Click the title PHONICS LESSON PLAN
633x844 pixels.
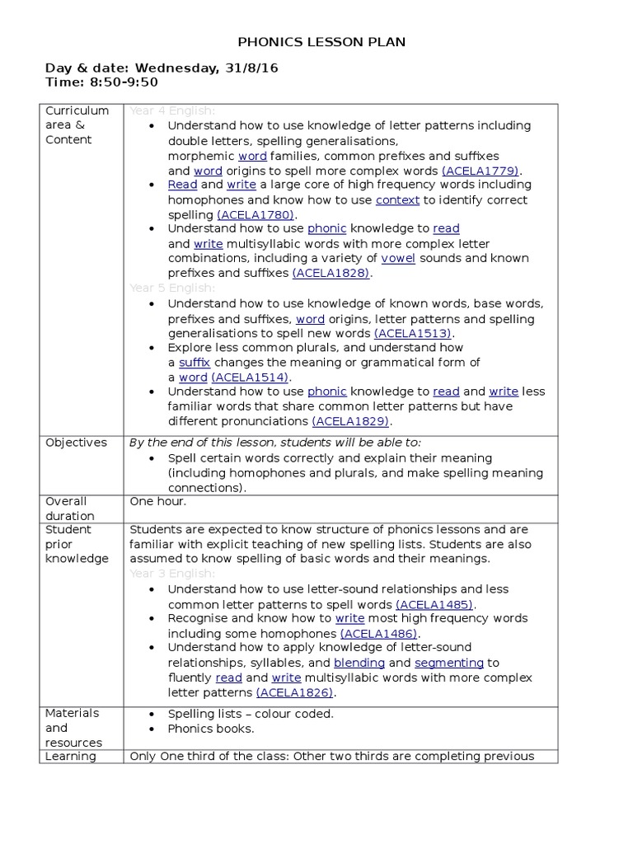[x=321, y=42]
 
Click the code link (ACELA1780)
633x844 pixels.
[x=256, y=214]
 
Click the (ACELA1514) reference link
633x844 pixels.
[x=251, y=377]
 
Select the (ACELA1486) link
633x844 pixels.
[x=380, y=634]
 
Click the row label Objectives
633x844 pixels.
[x=76, y=443]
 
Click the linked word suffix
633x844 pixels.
[x=195, y=363]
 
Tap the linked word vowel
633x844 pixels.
[x=398, y=258]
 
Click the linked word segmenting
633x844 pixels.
[x=448, y=663]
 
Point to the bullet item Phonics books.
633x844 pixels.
[x=211, y=729]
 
